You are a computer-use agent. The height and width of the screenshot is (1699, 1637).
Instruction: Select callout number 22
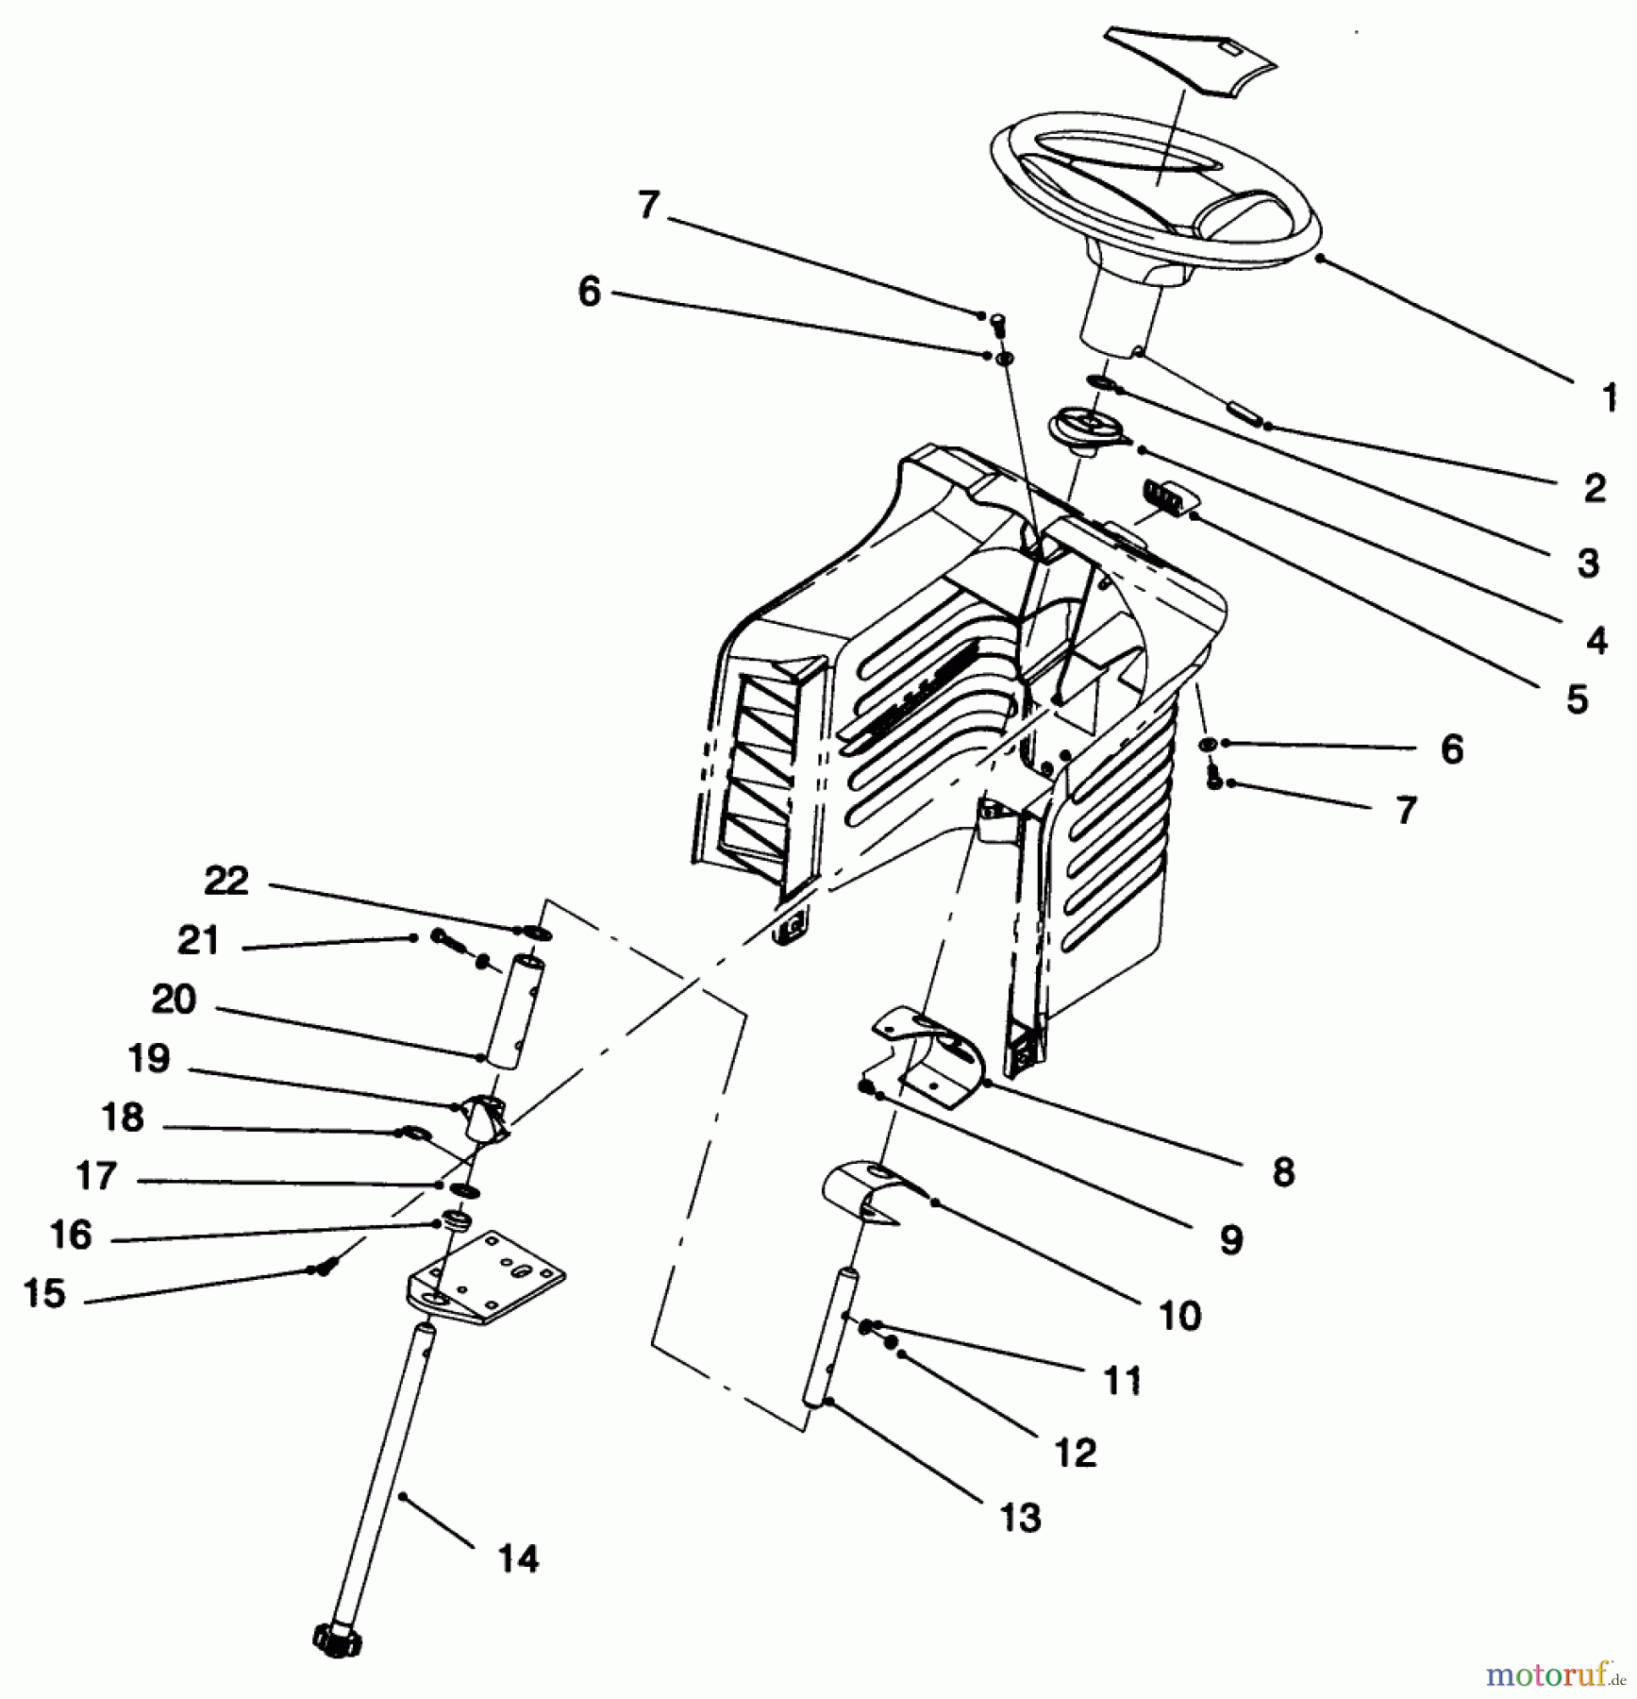pyautogui.click(x=226, y=881)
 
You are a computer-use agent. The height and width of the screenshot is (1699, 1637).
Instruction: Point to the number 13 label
pyautogui.click(x=1021, y=1517)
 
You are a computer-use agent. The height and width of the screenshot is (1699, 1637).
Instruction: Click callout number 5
pyautogui.click(x=1578, y=699)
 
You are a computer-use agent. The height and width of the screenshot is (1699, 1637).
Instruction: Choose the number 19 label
pyautogui.click(x=149, y=1058)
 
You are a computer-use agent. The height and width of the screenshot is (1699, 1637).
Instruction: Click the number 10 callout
pyautogui.click(x=1179, y=1315)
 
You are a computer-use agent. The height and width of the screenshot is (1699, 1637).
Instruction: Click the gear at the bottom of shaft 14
pyautogui.click(x=337, y=1640)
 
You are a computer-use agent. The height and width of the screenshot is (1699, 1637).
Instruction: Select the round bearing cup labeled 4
pyautogui.click(x=1090, y=430)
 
